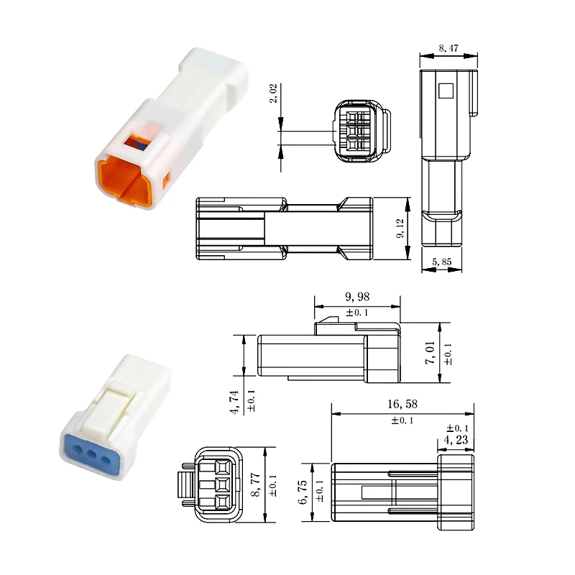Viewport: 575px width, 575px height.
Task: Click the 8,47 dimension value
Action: pos(448,50)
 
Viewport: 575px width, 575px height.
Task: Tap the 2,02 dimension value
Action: pos(274,93)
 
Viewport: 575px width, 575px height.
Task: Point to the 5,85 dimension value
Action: pos(441,263)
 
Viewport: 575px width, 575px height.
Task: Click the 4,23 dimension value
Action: pos(455,440)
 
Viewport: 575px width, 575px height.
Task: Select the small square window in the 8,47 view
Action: pos(446,91)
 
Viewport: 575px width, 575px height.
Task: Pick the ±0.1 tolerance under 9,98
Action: pos(357,312)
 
